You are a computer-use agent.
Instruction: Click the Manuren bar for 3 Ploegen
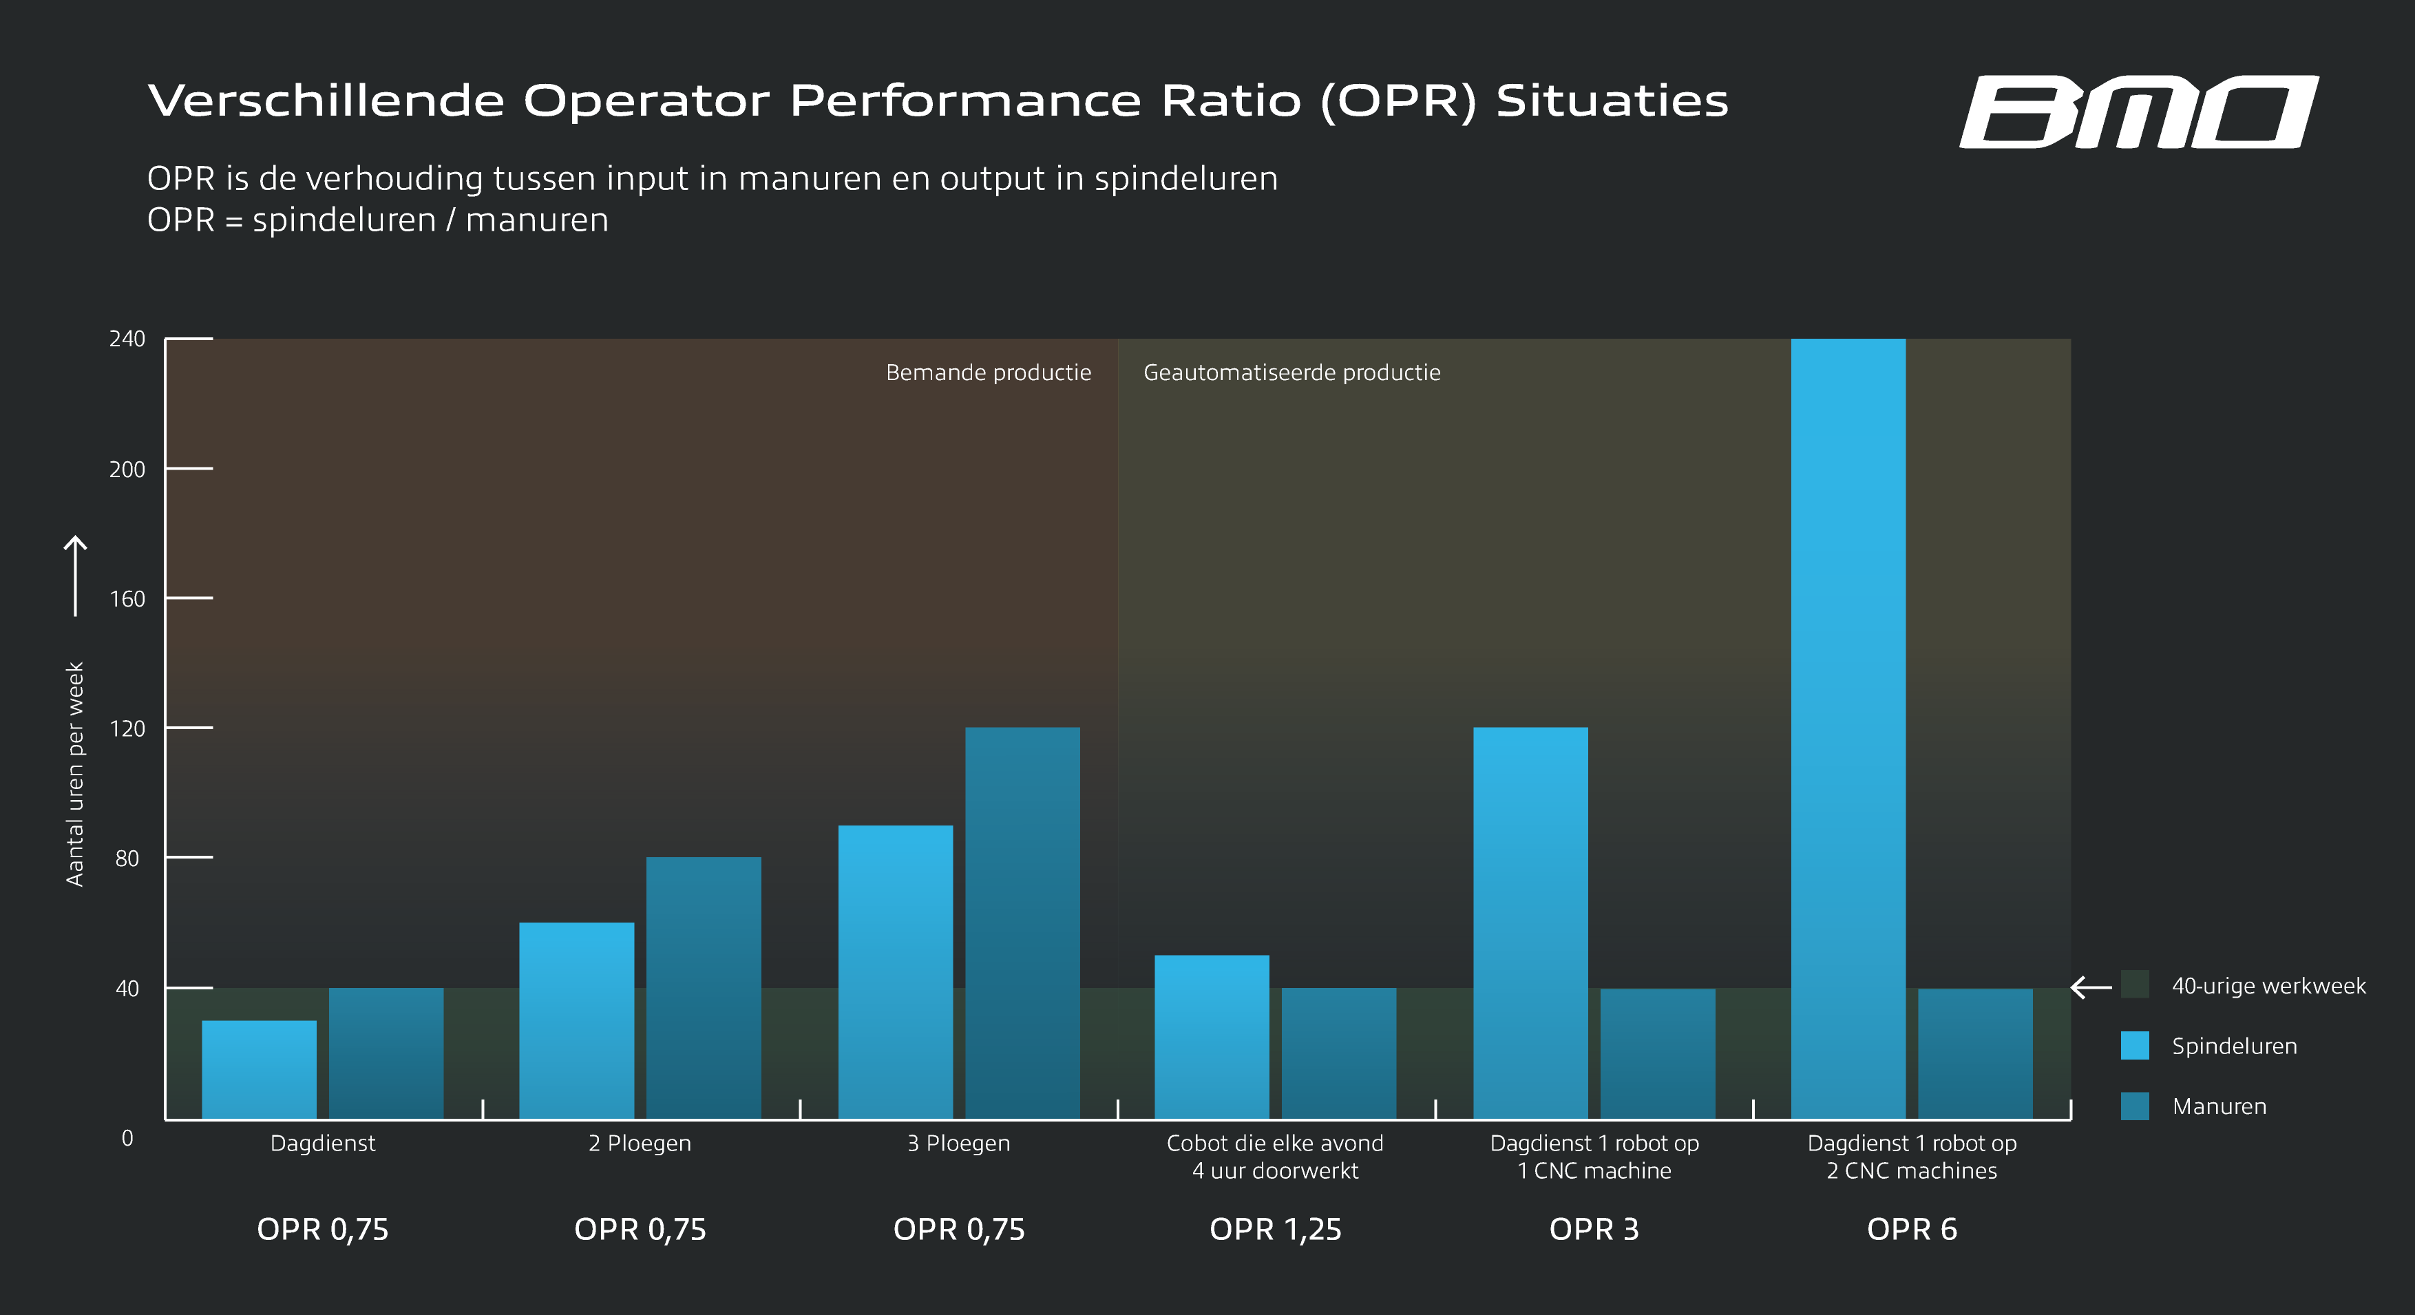pos(1022,923)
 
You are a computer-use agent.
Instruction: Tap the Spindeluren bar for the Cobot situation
pos(1211,1037)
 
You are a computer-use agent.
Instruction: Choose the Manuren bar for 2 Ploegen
pos(703,988)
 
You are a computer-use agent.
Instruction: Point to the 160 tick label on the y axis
pos(127,599)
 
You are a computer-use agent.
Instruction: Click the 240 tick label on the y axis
pos(127,339)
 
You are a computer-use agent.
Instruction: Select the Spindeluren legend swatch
pos(2135,1046)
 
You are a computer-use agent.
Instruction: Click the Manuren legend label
pos(2219,1107)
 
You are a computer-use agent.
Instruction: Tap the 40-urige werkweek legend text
pos(2269,986)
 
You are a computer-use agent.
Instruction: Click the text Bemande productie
pos(988,373)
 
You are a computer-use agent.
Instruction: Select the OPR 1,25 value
pos(1275,1229)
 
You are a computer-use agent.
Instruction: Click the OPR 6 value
pos(1912,1229)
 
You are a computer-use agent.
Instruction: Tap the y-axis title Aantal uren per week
pos(75,773)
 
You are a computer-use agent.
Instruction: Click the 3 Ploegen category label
pos(958,1144)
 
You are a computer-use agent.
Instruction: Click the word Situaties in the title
pos(1612,101)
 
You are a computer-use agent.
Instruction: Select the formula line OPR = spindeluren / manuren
pos(378,220)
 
